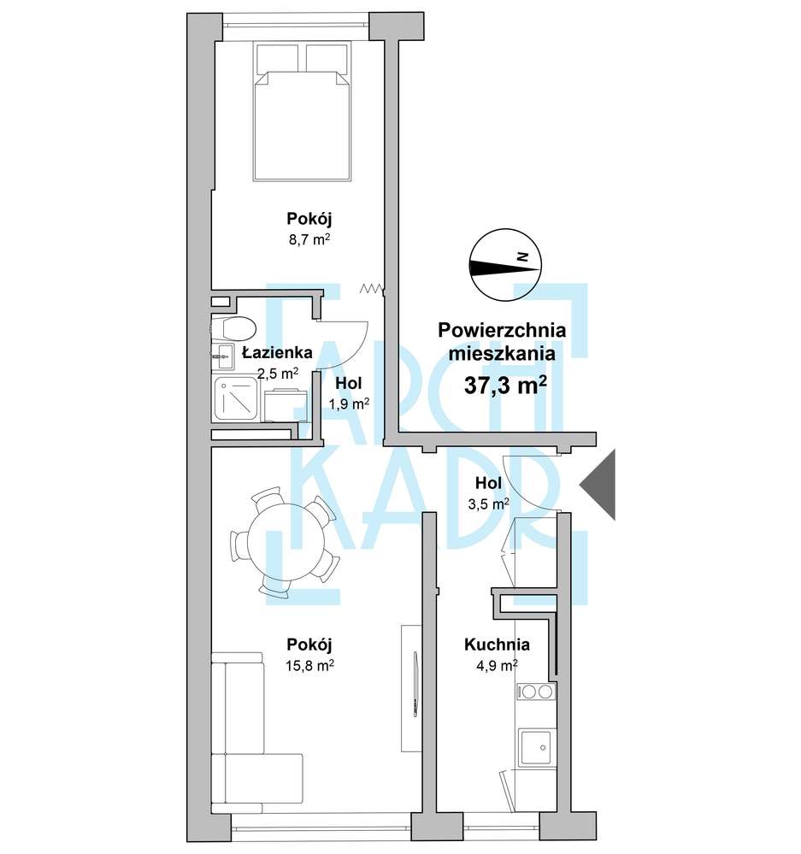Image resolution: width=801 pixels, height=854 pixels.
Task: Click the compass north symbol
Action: (505, 265)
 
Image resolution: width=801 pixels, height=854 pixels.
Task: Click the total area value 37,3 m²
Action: (505, 386)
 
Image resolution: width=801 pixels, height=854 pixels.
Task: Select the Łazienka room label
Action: (277, 353)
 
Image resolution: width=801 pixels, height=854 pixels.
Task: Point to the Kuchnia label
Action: (497, 645)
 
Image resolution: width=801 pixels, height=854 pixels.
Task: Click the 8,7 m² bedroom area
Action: (309, 239)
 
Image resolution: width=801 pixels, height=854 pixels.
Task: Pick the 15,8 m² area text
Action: (309, 665)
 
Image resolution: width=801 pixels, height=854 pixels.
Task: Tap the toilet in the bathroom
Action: (233, 328)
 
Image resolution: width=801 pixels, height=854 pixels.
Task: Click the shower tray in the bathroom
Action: (236, 399)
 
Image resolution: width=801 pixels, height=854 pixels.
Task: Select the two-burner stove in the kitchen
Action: (536, 692)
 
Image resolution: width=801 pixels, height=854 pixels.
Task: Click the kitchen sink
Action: (536, 747)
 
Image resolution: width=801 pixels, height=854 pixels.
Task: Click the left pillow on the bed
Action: (278, 58)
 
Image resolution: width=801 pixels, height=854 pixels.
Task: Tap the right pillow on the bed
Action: (327, 58)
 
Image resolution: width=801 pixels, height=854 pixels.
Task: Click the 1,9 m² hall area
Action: (349, 403)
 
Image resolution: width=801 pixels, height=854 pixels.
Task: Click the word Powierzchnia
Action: (502, 330)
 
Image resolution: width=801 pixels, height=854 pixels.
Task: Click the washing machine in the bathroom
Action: (282, 405)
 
